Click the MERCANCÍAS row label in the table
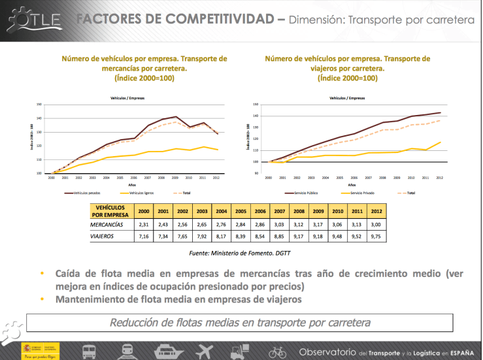pyautogui.click(x=110, y=223)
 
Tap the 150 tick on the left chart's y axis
pyautogui.click(x=40, y=105)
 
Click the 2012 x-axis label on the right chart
pyautogui.click(x=439, y=177)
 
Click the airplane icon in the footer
pyautogui.click(x=205, y=351)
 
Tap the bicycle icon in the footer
pyautogui.click(x=277, y=352)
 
